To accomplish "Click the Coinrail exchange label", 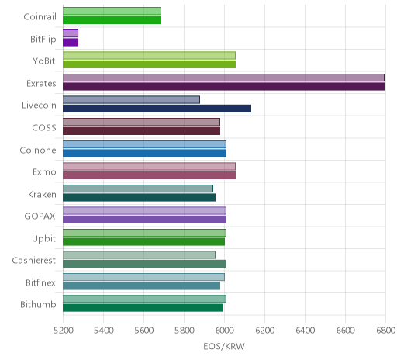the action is click(40, 17).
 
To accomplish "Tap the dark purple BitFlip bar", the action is click(71, 43).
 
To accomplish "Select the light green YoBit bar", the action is click(149, 56).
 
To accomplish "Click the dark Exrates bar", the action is click(223, 87).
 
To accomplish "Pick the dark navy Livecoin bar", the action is click(157, 109).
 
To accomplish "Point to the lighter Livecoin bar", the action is click(131, 100).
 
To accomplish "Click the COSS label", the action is click(44, 128).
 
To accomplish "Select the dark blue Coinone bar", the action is click(144, 153).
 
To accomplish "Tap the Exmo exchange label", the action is click(44, 172).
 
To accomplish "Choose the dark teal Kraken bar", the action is click(139, 197).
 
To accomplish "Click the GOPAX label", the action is click(40, 216).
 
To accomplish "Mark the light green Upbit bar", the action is click(144, 233).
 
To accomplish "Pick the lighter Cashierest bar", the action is click(139, 255).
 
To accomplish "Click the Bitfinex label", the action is click(40, 282).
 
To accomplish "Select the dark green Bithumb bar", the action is click(143, 308).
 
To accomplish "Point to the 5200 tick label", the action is click(63, 331).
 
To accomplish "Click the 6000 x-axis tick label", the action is click(224, 331).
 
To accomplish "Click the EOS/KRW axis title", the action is click(224, 346).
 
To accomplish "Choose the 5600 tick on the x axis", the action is click(143, 331).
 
